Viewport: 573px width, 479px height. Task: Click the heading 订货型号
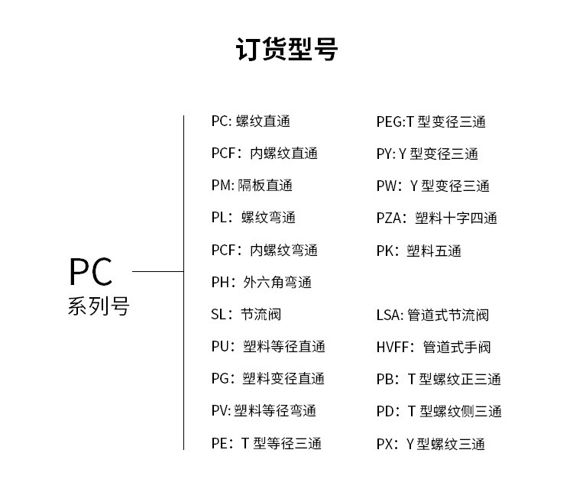[286, 49]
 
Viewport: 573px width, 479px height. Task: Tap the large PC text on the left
[91, 272]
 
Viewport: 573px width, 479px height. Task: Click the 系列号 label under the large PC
[99, 307]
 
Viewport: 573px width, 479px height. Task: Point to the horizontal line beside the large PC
[158, 271]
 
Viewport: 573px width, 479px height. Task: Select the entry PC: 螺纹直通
[251, 121]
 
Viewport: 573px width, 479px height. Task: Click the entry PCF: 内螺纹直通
[264, 154]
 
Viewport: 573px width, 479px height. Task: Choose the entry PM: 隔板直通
[251, 186]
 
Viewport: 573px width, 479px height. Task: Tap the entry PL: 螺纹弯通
[253, 218]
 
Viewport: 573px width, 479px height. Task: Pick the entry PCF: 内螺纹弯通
[264, 251]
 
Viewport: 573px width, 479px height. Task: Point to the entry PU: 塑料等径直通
[268, 347]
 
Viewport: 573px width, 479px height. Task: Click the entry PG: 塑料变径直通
[267, 379]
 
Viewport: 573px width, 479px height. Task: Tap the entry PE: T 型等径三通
[266, 444]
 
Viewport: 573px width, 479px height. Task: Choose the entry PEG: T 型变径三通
[431, 122]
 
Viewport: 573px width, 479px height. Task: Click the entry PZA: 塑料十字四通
[436, 218]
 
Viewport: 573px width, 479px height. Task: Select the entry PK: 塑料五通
[419, 251]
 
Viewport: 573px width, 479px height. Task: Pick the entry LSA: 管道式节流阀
[432, 315]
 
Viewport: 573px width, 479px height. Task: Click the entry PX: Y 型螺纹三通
[430, 444]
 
